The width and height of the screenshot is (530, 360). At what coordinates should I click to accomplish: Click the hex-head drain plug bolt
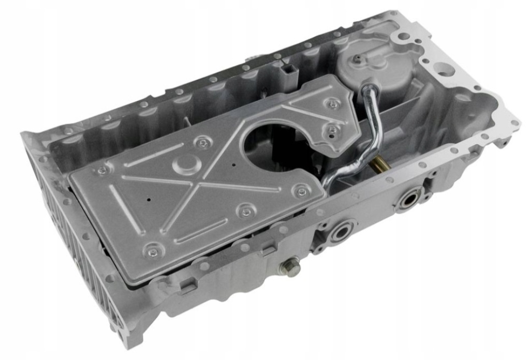290,267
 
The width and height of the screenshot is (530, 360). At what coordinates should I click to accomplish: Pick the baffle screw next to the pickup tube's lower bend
302,191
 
